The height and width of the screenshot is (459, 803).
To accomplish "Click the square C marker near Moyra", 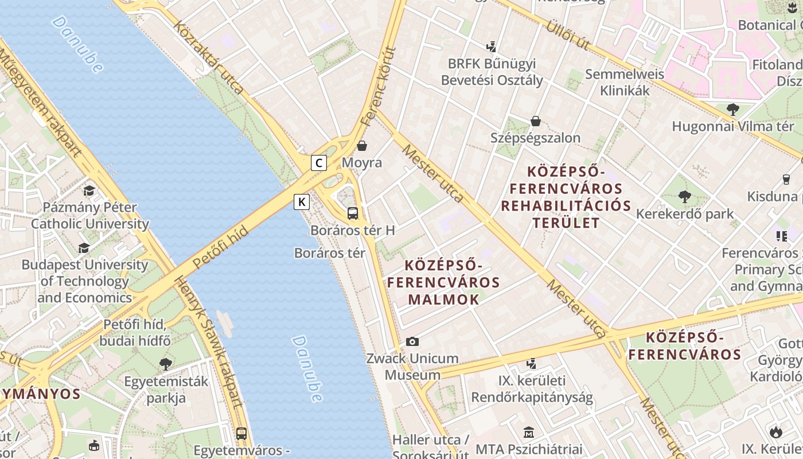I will pos(319,163).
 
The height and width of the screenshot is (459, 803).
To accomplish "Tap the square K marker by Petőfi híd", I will pos(302,202).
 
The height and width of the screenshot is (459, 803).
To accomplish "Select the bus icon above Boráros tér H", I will pos(353,213).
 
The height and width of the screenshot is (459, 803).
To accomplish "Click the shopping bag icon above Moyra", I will pos(362,146).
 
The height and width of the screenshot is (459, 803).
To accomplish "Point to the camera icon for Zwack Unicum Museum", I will pos(412,342).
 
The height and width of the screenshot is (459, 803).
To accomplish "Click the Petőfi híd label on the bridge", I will pos(220,247).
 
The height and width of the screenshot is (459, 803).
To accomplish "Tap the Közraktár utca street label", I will pos(209,58).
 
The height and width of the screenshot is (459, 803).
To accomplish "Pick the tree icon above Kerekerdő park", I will pos(684,197).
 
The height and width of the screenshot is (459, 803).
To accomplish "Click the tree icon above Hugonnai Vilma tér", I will pos(732,109).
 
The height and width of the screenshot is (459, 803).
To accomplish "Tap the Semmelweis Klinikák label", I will pos(625,82).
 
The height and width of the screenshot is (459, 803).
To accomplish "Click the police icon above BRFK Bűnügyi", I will pos(491,46).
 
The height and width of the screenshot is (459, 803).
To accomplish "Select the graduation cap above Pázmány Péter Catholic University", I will pos(89,190).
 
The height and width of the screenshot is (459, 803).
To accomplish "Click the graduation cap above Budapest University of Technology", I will pos(84,248).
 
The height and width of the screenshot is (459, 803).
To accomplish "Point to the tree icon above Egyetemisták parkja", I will pos(166,364).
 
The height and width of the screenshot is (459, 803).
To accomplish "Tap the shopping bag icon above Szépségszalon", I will pos(536,121).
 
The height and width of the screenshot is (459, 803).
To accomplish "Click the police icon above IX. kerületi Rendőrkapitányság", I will pos(532,363).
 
